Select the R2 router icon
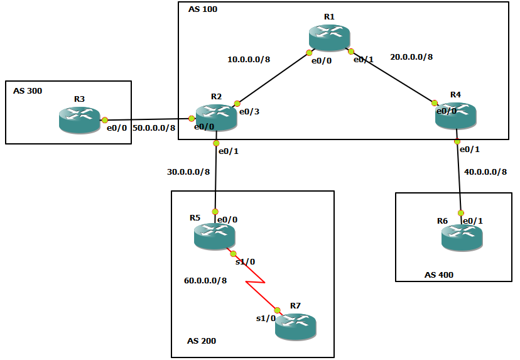tap(215, 117)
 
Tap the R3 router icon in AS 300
tap(79, 119)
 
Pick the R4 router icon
tap(457, 116)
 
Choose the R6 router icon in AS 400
tap(462, 237)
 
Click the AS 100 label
tap(203, 10)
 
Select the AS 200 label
tap(202, 341)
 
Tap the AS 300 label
tap(28, 91)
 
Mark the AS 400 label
tap(438, 275)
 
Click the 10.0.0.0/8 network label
tap(249, 60)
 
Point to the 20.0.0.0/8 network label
tap(411, 57)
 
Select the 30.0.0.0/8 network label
tap(188, 172)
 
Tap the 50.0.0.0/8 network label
tap(154, 128)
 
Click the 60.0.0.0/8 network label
tap(205, 280)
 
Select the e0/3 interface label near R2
tap(249, 112)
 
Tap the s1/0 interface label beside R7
tap(265, 319)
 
